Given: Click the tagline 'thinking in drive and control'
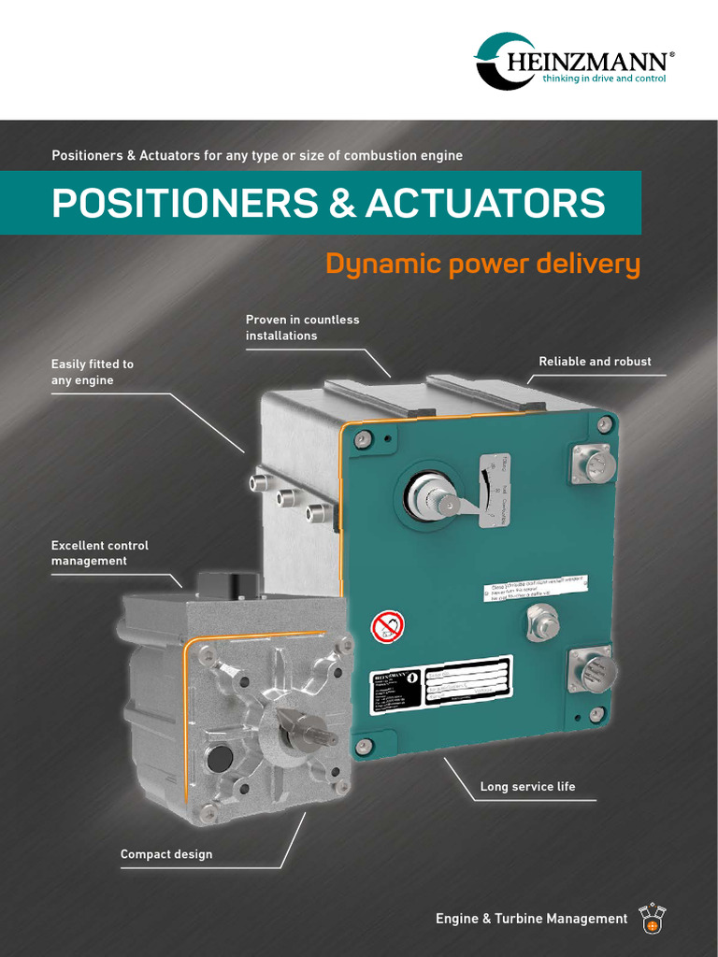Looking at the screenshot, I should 604,79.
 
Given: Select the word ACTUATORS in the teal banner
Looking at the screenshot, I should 485,203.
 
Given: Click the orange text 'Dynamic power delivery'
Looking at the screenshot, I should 482,264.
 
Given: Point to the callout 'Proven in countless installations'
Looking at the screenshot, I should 302,327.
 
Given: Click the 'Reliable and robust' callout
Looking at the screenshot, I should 595,362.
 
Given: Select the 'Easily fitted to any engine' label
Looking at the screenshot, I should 92,372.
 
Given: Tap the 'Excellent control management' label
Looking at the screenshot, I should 99,553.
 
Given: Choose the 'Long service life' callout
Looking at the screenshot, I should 527,787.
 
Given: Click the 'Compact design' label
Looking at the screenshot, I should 166,854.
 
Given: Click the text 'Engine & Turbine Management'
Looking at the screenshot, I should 531,919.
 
